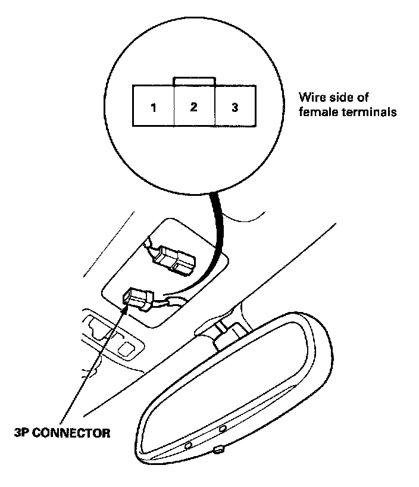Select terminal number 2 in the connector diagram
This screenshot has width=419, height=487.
point(193,108)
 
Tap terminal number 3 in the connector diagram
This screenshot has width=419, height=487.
point(235,108)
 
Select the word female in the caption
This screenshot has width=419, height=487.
point(316,111)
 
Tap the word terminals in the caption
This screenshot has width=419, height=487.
point(367,111)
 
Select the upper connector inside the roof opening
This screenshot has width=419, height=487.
point(173,260)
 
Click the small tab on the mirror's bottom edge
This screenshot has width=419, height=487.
point(220,448)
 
